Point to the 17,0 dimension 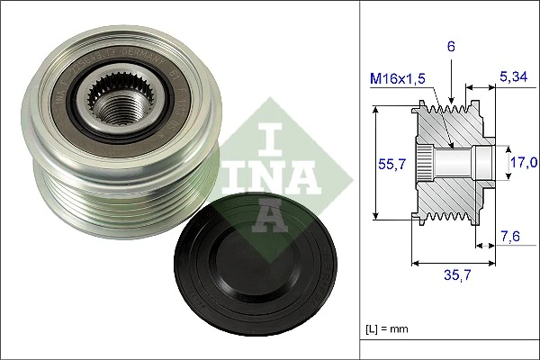coord(524,162)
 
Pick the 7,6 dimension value coord(510,237)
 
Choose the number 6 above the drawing coord(451,45)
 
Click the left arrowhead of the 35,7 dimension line coord(415,264)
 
